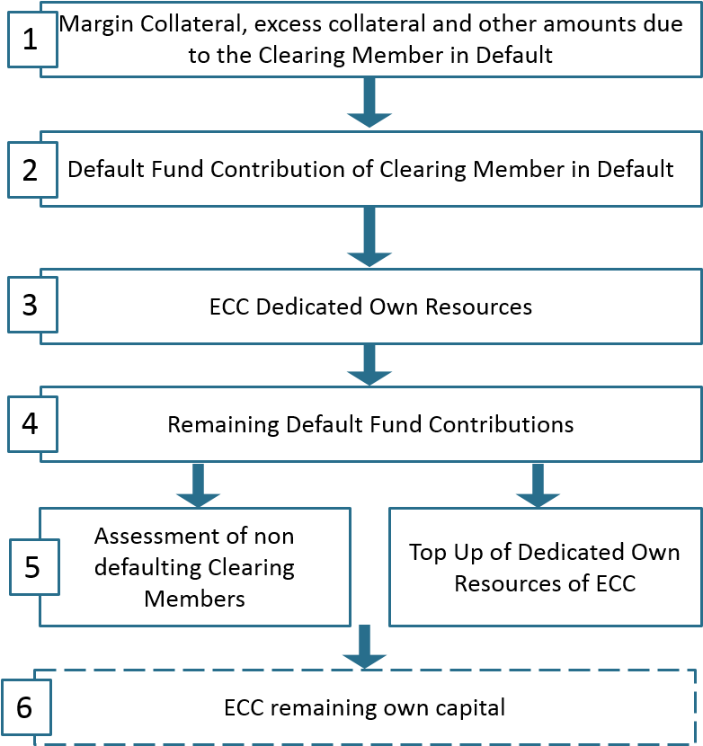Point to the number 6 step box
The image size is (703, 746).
26,707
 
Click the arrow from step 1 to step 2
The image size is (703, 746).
369,102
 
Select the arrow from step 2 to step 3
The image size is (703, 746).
369,236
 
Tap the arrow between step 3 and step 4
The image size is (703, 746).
369,364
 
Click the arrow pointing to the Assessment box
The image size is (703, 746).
198,485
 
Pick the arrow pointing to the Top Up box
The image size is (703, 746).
538,485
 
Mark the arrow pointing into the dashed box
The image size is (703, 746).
365,647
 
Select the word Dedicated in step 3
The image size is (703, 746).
310,306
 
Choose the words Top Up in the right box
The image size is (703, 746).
447,554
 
